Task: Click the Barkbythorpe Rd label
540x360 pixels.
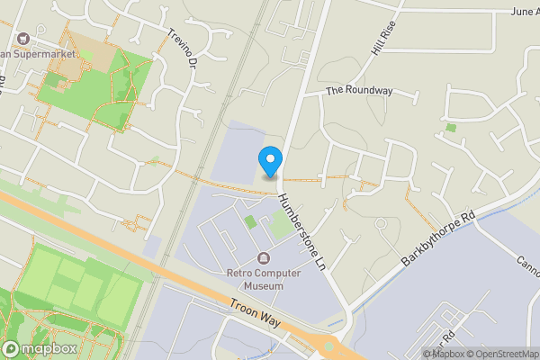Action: click(437, 238)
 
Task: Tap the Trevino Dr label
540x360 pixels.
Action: click(181, 49)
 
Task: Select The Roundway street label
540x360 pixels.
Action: click(359, 90)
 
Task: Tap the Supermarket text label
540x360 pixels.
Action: click(40, 53)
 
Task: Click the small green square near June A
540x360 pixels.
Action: click(450, 128)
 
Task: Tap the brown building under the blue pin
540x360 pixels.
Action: click(269, 177)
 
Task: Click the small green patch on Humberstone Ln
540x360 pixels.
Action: click(250, 221)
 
